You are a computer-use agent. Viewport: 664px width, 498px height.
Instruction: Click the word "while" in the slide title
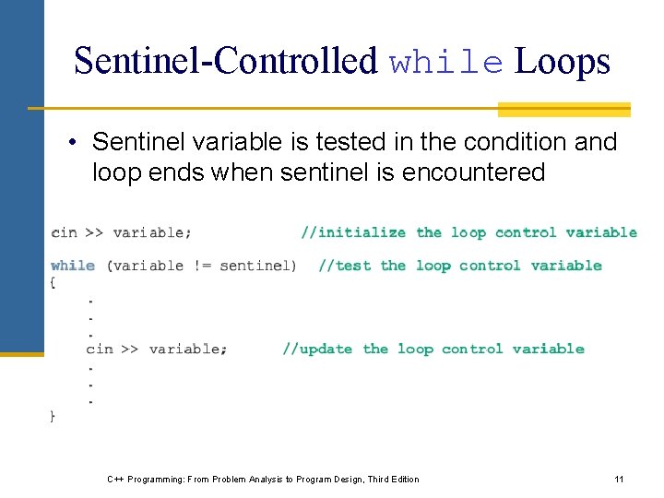click(x=446, y=63)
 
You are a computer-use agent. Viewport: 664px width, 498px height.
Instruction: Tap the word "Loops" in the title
click(x=563, y=61)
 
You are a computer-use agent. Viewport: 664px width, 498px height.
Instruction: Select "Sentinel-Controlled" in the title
click(x=226, y=61)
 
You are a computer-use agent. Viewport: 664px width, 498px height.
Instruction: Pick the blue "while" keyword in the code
click(x=73, y=266)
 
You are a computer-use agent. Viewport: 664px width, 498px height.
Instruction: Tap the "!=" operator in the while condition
click(x=201, y=266)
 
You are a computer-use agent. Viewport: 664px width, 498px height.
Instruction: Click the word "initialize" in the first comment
click(x=362, y=232)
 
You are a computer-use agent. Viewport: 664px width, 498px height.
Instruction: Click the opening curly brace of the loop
click(x=53, y=283)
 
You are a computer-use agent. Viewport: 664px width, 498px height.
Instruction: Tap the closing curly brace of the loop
click(x=53, y=417)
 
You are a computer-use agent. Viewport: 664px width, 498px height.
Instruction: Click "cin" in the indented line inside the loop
click(x=100, y=349)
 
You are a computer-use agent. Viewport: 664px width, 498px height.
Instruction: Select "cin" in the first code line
click(x=64, y=232)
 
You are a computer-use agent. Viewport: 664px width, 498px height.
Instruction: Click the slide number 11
click(x=619, y=479)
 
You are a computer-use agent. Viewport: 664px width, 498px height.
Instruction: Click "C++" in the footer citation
click(x=115, y=479)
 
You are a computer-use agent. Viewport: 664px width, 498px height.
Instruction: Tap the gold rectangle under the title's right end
click(x=563, y=110)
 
